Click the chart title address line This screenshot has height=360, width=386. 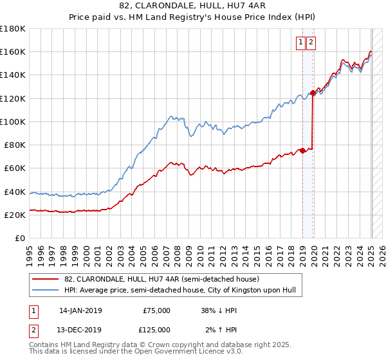[192, 6]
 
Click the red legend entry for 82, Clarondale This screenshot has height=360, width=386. [161, 280]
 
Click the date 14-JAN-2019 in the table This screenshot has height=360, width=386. [80, 310]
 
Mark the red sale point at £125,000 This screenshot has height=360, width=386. [313, 93]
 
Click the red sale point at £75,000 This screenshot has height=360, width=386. [302, 151]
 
